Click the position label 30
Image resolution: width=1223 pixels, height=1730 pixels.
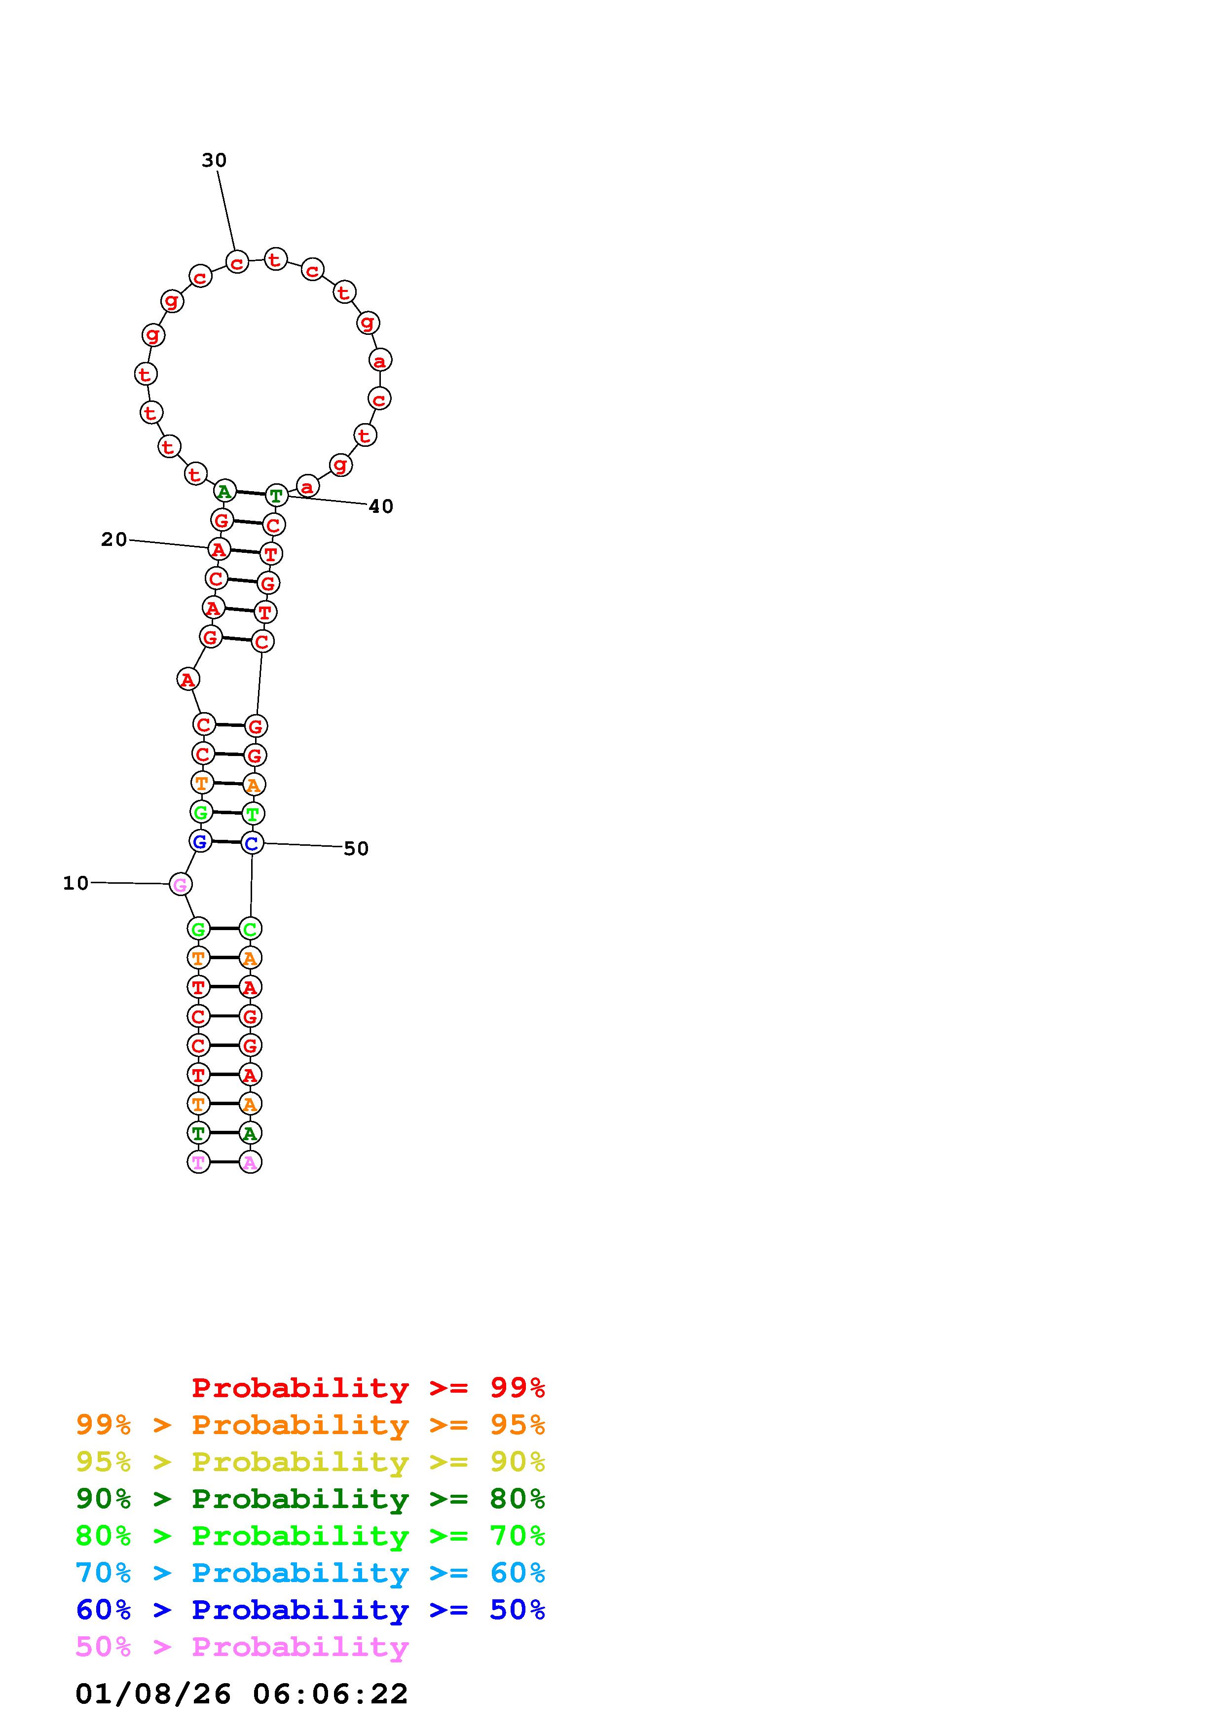pyautogui.click(x=214, y=160)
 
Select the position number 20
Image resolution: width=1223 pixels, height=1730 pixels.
pyautogui.click(x=114, y=540)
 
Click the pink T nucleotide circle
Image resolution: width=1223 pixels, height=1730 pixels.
pyautogui.click(x=198, y=1162)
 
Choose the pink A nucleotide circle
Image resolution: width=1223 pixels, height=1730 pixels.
pyautogui.click(x=250, y=1162)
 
